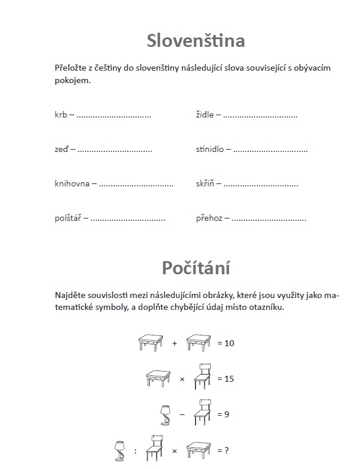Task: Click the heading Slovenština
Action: [195, 41]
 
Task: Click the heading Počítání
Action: [195, 268]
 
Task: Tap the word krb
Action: [60, 115]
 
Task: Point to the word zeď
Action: [61, 149]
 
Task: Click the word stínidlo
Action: [210, 149]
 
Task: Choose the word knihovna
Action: [72, 183]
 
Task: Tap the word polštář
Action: [68, 218]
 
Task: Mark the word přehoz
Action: [209, 218]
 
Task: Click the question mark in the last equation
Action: [226, 451]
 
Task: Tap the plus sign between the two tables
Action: [175, 343]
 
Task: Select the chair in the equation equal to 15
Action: [203, 376]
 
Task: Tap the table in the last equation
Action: [199, 449]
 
